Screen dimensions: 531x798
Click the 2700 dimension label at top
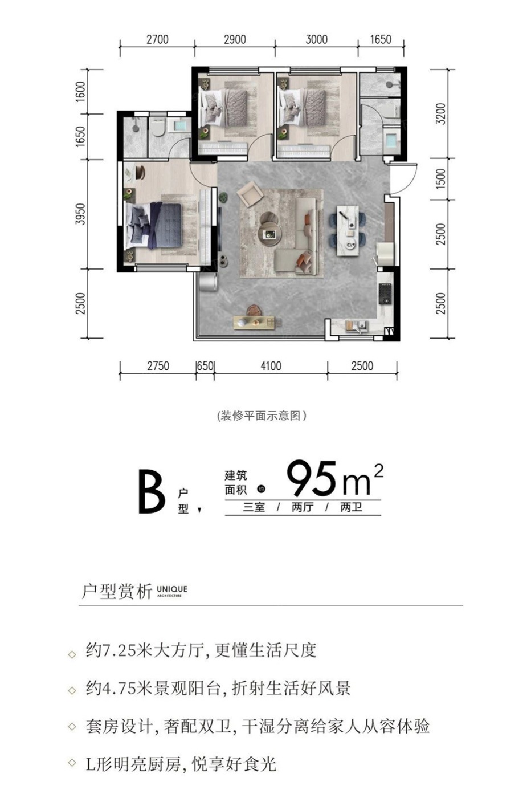coord(157,39)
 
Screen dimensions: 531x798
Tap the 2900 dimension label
coord(235,39)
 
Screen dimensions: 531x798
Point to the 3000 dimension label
coord(316,39)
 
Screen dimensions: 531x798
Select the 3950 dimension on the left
coord(81,214)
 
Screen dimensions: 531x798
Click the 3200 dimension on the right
coord(440,113)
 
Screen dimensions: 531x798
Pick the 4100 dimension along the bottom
coord(271,366)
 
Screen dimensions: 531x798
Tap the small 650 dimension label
coord(205,366)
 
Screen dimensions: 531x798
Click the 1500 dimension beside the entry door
coord(440,179)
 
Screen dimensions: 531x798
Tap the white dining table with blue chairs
coord(348,230)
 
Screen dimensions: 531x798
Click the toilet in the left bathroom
coord(157,128)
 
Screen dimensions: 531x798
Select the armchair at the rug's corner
coord(250,194)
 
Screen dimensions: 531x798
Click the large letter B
coord(152,492)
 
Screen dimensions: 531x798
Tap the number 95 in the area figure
coord(311,478)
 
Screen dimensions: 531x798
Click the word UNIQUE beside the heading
coord(172,589)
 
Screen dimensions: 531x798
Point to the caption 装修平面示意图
coord(261,416)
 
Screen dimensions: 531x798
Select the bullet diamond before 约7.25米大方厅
coord(72,654)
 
